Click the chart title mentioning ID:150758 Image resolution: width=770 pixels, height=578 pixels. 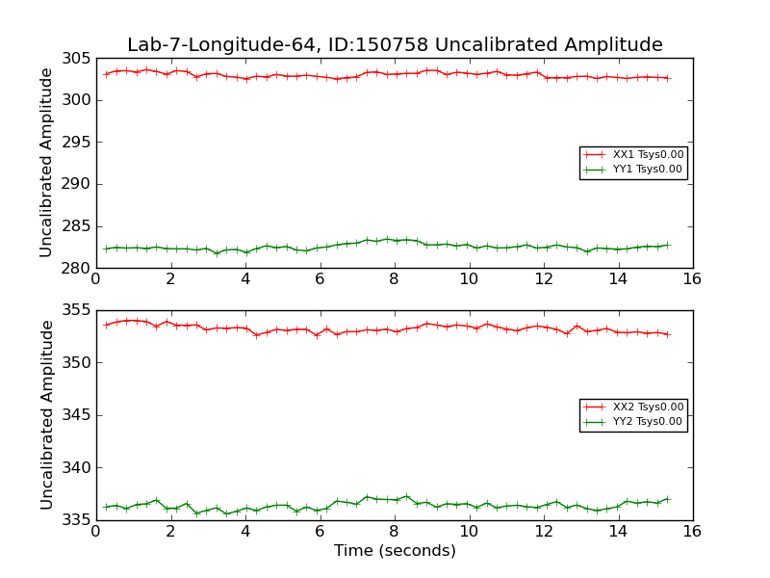[395, 45]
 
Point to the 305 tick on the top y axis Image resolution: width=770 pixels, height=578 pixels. [79, 59]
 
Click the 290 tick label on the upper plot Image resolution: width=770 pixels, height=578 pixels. [79, 185]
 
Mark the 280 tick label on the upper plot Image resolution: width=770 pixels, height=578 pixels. [79, 269]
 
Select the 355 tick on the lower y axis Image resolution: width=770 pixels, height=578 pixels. [79, 311]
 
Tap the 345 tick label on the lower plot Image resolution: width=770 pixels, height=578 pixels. [79, 416]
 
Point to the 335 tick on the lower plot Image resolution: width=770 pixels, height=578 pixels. [79, 520]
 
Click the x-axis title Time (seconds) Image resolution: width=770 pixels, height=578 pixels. [395, 551]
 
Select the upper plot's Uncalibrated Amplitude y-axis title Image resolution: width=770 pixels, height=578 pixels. [46, 163]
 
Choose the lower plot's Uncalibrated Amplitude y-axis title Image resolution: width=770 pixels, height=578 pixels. [46, 415]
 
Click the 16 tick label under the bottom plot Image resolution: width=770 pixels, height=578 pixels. [692, 533]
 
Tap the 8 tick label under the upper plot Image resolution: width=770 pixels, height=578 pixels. [394, 280]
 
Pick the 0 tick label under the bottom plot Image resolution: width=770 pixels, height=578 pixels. [95, 533]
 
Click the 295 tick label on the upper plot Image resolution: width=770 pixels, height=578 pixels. [79, 143]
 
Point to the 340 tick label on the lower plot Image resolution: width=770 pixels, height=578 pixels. [79, 468]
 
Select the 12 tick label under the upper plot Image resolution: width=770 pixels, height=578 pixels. [543, 280]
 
